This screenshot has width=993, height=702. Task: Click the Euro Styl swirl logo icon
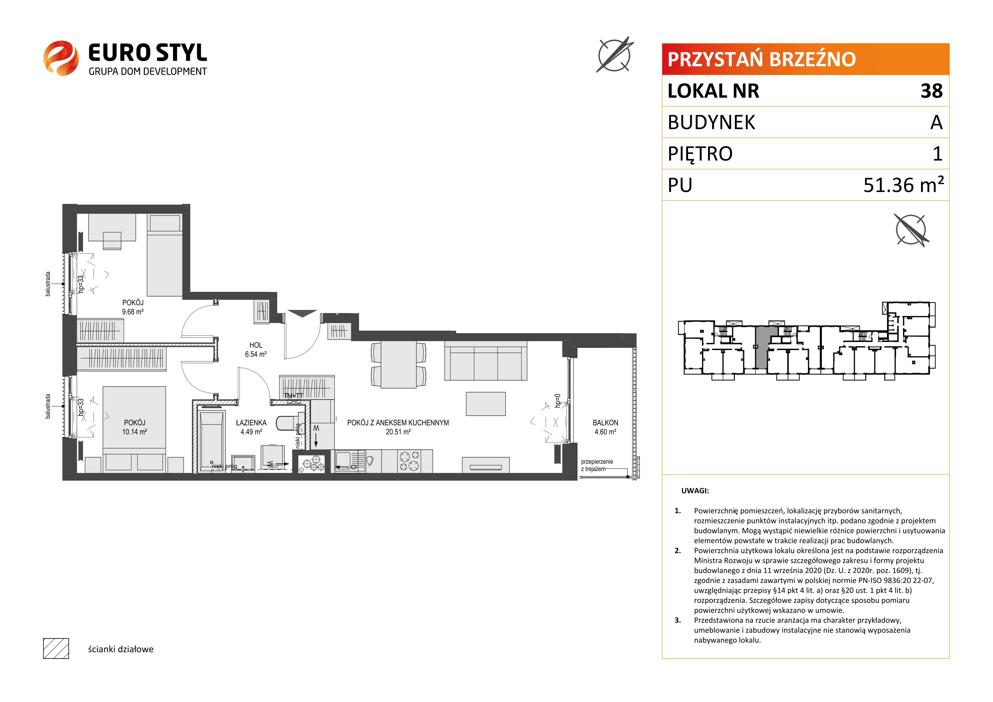[61, 58]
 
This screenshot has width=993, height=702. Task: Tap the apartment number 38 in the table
[931, 91]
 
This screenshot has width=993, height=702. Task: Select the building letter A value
[936, 122]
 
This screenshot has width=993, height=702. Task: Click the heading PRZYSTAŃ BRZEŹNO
[762, 59]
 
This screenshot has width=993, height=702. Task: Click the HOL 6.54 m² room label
[256, 350]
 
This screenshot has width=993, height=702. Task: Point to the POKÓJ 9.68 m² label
[133, 307]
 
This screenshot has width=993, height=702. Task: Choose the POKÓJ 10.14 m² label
[134, 427]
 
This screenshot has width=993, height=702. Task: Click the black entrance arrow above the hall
[302, 313]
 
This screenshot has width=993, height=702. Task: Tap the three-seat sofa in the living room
[486, 361]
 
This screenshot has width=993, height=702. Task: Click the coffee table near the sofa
[486, 404]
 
